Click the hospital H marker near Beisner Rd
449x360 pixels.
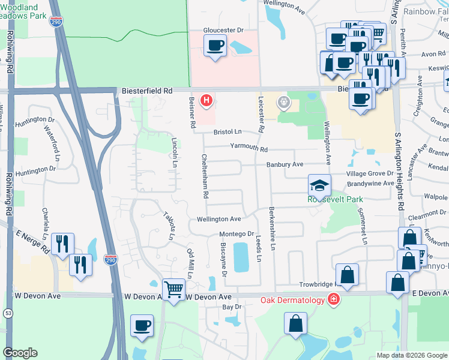click(x=206, y=100)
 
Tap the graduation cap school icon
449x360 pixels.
click(x=320, y=185)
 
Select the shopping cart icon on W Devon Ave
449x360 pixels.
click(x=173, y=289)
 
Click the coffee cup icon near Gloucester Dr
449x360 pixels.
click(x=215, y=45)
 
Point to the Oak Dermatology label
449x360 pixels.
click(x=292, y=299)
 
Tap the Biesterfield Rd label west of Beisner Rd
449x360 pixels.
click(x=146, y=91)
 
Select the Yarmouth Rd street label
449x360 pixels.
click(x=247, y=148)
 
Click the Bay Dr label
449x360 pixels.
click(x=231, y=307)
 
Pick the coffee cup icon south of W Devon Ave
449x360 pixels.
click(x=142, y=325)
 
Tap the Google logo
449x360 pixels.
click(x=20, y=353)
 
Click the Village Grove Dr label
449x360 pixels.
click(x=370, y=173)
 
